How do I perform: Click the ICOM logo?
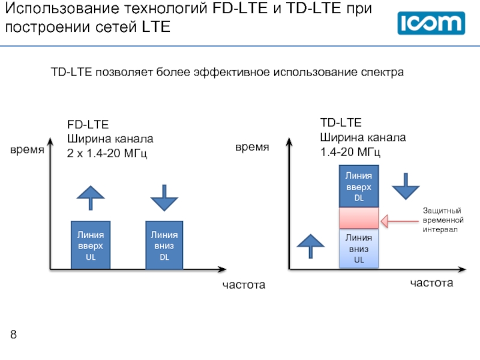pos(431,23)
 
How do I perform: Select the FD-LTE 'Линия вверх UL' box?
pos(91,245)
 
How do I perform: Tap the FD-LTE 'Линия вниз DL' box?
pos(164,245)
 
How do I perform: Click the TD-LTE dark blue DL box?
pos(359,186)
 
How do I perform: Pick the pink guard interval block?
pos(359,218)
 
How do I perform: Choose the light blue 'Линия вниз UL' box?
pos(359,248)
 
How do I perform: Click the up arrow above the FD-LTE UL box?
pos(91,198)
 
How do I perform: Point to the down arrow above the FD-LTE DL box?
pos(164,198)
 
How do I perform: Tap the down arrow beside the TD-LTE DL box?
pos(406,187)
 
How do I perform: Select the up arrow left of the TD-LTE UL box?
pos(310,247)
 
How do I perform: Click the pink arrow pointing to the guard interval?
pos(400,221)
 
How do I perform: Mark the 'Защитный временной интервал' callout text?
pos(443,220)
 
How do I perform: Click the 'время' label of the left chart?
pos(27,150)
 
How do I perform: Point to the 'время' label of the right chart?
pos(252,147)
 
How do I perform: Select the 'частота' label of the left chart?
pos(244,284)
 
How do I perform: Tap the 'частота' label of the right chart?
pos(431,283)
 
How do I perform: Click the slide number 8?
pos(13,334)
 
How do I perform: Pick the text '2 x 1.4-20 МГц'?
pos(107,153)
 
